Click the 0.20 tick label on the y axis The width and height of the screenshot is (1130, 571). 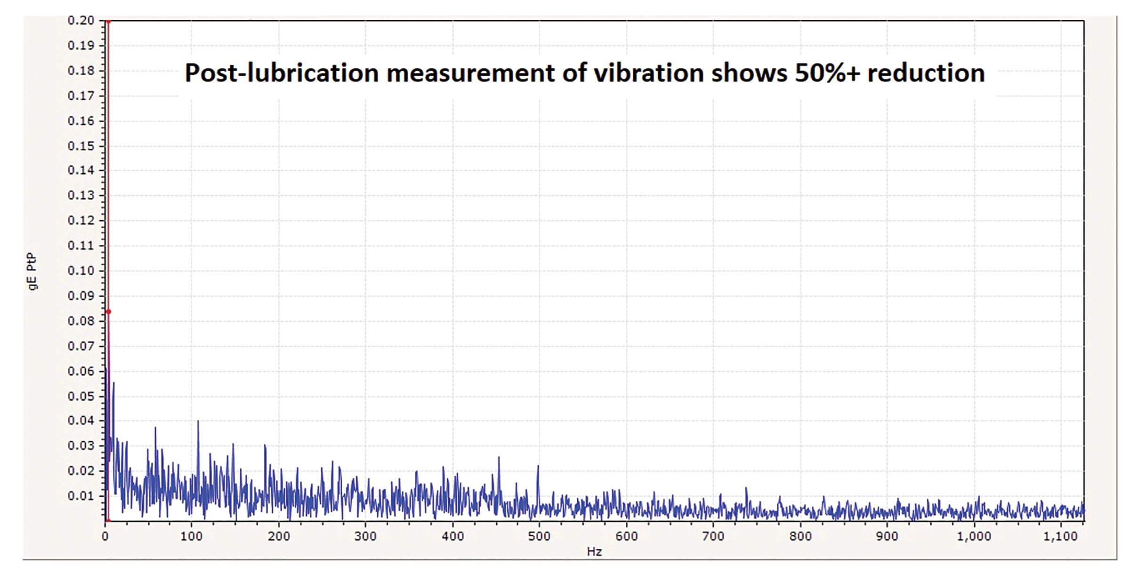coord(81,21)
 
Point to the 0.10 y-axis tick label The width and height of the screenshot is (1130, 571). coord(81,271)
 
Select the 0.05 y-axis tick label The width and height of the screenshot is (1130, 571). coord(81,396)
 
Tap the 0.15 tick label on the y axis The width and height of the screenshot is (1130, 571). coord(81,146)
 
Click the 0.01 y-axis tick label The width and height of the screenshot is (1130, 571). coord(81,496)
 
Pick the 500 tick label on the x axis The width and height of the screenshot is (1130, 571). coord(539,536)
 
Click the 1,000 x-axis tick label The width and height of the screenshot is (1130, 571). coord(974,536)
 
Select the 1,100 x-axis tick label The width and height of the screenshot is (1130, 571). coord(1060,536)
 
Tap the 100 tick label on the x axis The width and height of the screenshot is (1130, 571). coord(191,536)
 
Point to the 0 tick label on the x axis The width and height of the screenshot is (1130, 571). coord(105,536)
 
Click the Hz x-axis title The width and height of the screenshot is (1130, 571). coord(594,552)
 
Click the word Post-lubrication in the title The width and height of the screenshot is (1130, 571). coord(282,73)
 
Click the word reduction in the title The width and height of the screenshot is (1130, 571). coord(926,73)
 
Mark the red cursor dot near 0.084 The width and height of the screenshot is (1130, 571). coord(108,312)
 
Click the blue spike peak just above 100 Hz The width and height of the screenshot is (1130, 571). coord(198,421)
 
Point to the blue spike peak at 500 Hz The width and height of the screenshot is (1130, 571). coord(538,466)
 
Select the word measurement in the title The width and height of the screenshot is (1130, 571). coord(470,73)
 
